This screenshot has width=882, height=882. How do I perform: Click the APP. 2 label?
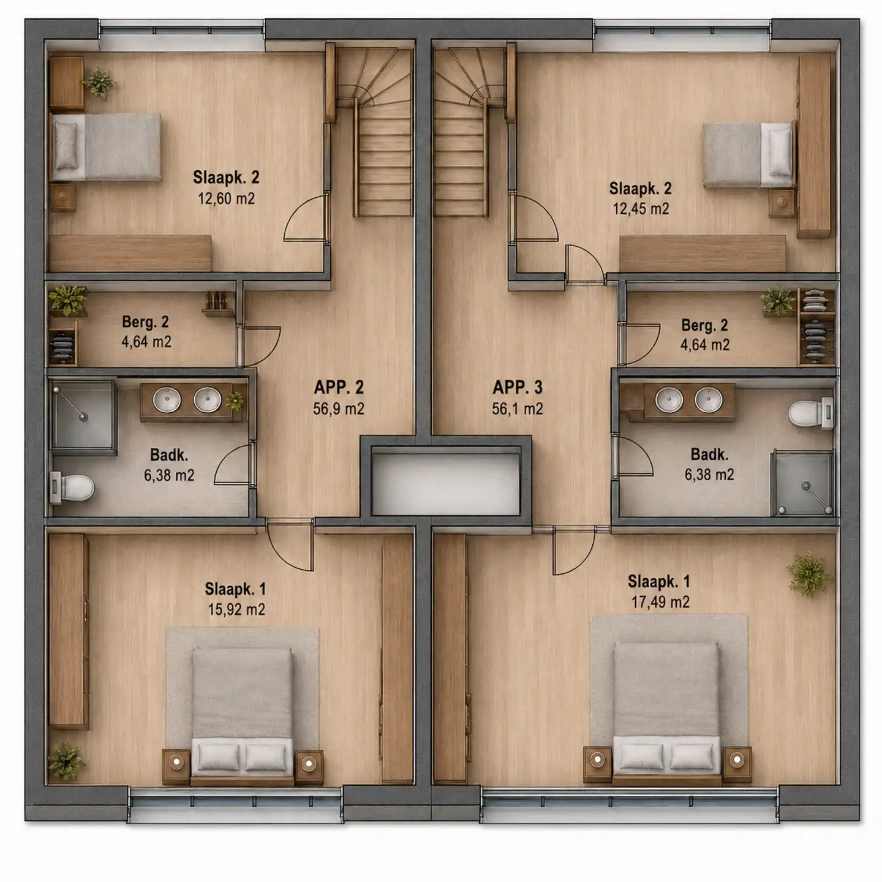[x=339, y=388]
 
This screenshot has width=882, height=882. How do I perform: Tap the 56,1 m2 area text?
[x=517, y=409]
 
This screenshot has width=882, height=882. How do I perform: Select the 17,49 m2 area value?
[x=660, y=602]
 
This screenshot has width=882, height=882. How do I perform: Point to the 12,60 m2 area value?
[x=226, y=198]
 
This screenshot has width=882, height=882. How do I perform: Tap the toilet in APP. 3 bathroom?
[x=810, y=413]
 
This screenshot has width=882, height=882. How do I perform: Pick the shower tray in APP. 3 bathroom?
[x=803, y=483]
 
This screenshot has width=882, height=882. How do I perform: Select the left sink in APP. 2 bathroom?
[x=167, y=400]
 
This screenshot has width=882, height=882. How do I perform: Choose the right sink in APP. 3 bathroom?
[x=709, y=399]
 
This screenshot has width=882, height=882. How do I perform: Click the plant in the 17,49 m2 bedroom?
[x=809, y=574]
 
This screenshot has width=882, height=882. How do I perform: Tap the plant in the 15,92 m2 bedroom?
[x=67, y=761]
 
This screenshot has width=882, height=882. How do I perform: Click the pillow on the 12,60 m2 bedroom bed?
[x=67, y=146]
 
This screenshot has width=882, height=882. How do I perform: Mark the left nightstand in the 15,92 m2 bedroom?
[x=176, y=767]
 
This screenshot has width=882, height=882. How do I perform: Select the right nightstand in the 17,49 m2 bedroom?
[x=737, y=764]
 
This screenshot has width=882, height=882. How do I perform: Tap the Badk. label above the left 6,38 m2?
[x=169, y=455]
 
